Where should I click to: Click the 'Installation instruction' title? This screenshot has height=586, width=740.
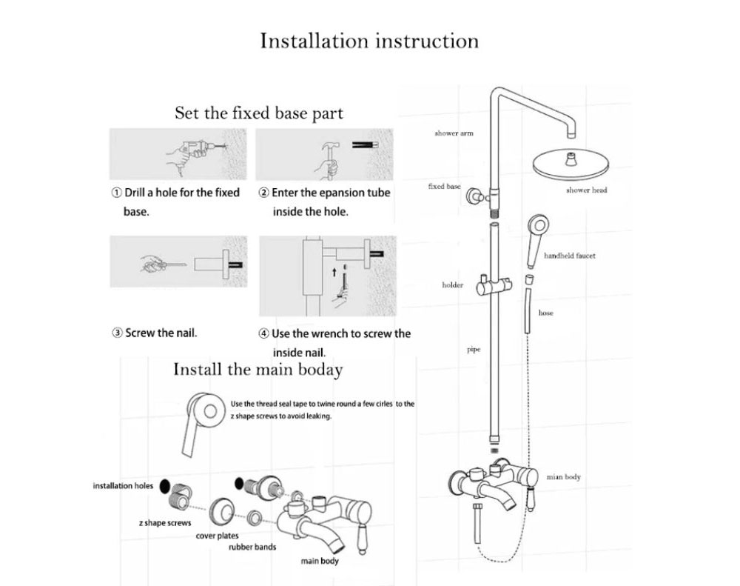tap(369, 41)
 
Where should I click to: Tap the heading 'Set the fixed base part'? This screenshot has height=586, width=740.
tap(258, 113)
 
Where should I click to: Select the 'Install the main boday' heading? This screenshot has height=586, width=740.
tap(258, 369)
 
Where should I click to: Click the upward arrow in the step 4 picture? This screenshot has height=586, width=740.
tap(334, 272)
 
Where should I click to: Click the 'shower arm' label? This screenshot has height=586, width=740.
tap(453, 133)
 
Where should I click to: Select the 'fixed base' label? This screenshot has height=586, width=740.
tap(444, 187)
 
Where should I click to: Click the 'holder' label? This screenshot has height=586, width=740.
tap(452, 284)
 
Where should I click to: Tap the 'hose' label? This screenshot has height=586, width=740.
tap(546, 313)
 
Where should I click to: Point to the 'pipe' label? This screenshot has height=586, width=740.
tap(474, 349)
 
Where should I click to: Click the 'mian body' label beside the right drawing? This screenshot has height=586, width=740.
tap(563, 478)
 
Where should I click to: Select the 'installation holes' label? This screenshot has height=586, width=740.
tap(123, 486)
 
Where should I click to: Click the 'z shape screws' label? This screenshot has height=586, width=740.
tap(164, 522)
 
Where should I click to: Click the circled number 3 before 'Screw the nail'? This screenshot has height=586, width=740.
tap(117, 333)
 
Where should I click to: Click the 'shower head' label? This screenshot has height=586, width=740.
tap(586, 190)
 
